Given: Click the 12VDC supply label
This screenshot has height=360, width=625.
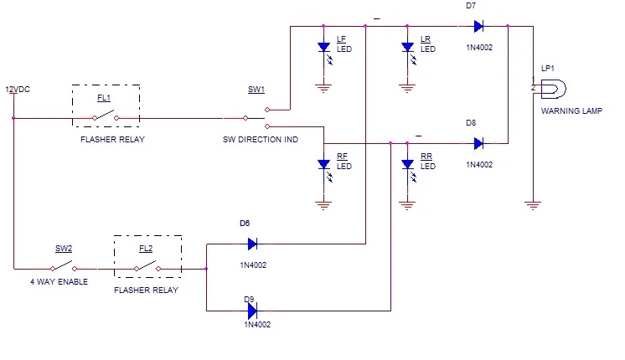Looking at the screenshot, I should click(x=18, y=89).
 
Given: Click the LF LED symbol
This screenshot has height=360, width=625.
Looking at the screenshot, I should click(x=324, y=49).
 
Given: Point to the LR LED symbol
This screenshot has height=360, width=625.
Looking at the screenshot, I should click(x=408, y=49).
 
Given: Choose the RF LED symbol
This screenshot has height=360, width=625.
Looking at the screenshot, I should click(x=324, y=166).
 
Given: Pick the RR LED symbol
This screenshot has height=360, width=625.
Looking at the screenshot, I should click(x=408, y=166).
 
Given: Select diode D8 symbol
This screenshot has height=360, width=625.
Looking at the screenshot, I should click(x=478, y=143).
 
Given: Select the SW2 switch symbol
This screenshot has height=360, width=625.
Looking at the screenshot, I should click(x=63, y=268).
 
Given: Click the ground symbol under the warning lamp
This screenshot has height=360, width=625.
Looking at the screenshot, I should click(x=531, y=203).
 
